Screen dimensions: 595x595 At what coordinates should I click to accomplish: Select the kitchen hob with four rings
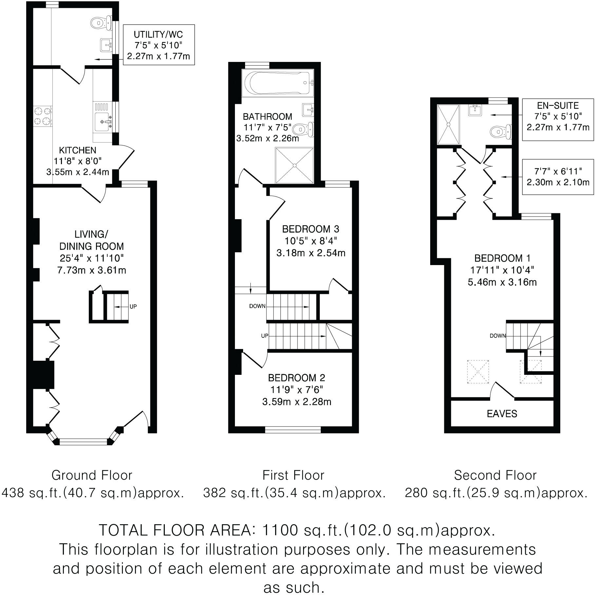43,116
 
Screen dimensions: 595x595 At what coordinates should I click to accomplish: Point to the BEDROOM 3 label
310,229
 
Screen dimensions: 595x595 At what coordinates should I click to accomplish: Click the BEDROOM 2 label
296,378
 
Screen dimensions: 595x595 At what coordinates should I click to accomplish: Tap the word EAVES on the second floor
502,413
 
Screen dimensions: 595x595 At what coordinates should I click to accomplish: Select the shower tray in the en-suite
449,125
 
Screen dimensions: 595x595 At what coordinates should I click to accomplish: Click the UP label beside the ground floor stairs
133,307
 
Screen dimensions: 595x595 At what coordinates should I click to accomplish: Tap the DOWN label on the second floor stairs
497,336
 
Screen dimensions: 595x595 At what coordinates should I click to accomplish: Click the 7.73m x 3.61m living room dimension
91,270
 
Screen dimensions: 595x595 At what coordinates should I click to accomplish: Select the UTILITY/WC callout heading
158,34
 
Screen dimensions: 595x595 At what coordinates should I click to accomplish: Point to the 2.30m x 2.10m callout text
558,182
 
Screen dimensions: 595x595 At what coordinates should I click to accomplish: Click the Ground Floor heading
92,475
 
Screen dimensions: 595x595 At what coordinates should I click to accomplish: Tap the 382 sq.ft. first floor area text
294,493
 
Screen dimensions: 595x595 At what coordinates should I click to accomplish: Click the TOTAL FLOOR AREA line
297,530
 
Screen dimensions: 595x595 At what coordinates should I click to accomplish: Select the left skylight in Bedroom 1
478,371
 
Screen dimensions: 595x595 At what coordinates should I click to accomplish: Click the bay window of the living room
83,442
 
